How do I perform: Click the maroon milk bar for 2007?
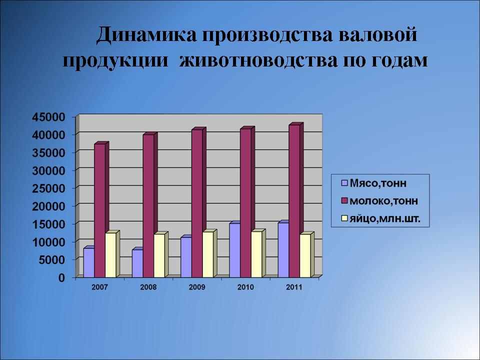[x=100, y=210]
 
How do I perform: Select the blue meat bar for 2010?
[x=235, y=250]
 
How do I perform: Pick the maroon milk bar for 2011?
[x=294, y=201]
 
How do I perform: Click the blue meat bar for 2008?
[x=137, y=263]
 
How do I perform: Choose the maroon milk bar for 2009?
[x=197, y=203]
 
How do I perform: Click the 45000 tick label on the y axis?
[x=49, y=117]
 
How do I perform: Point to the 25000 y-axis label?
[x=49, y=188]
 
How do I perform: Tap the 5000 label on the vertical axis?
[x=52, y=260]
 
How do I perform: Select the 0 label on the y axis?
[x=62, y=277]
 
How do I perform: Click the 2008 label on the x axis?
[x=148, y=287]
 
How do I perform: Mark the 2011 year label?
[x=294, y=287]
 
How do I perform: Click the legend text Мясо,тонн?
[x=378, y=183]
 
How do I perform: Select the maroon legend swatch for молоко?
[x=344, y=201]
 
